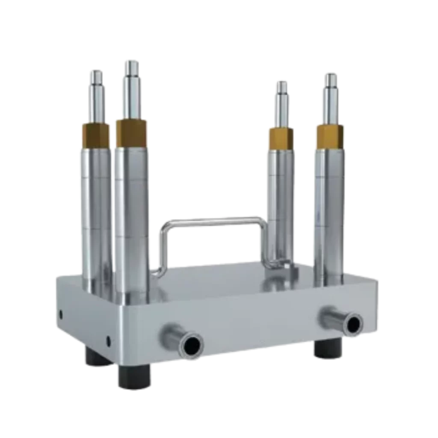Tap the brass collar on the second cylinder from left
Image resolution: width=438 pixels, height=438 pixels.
pos(131,132)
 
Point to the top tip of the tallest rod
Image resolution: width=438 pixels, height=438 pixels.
pos(131,62)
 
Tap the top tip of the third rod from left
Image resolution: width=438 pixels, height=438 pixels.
pos(282,83)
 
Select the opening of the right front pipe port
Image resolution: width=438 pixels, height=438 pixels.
pos(353,323)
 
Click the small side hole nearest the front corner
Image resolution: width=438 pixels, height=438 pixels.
pos(108,341)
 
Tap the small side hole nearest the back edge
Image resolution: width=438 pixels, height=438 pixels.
pos(60,314)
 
